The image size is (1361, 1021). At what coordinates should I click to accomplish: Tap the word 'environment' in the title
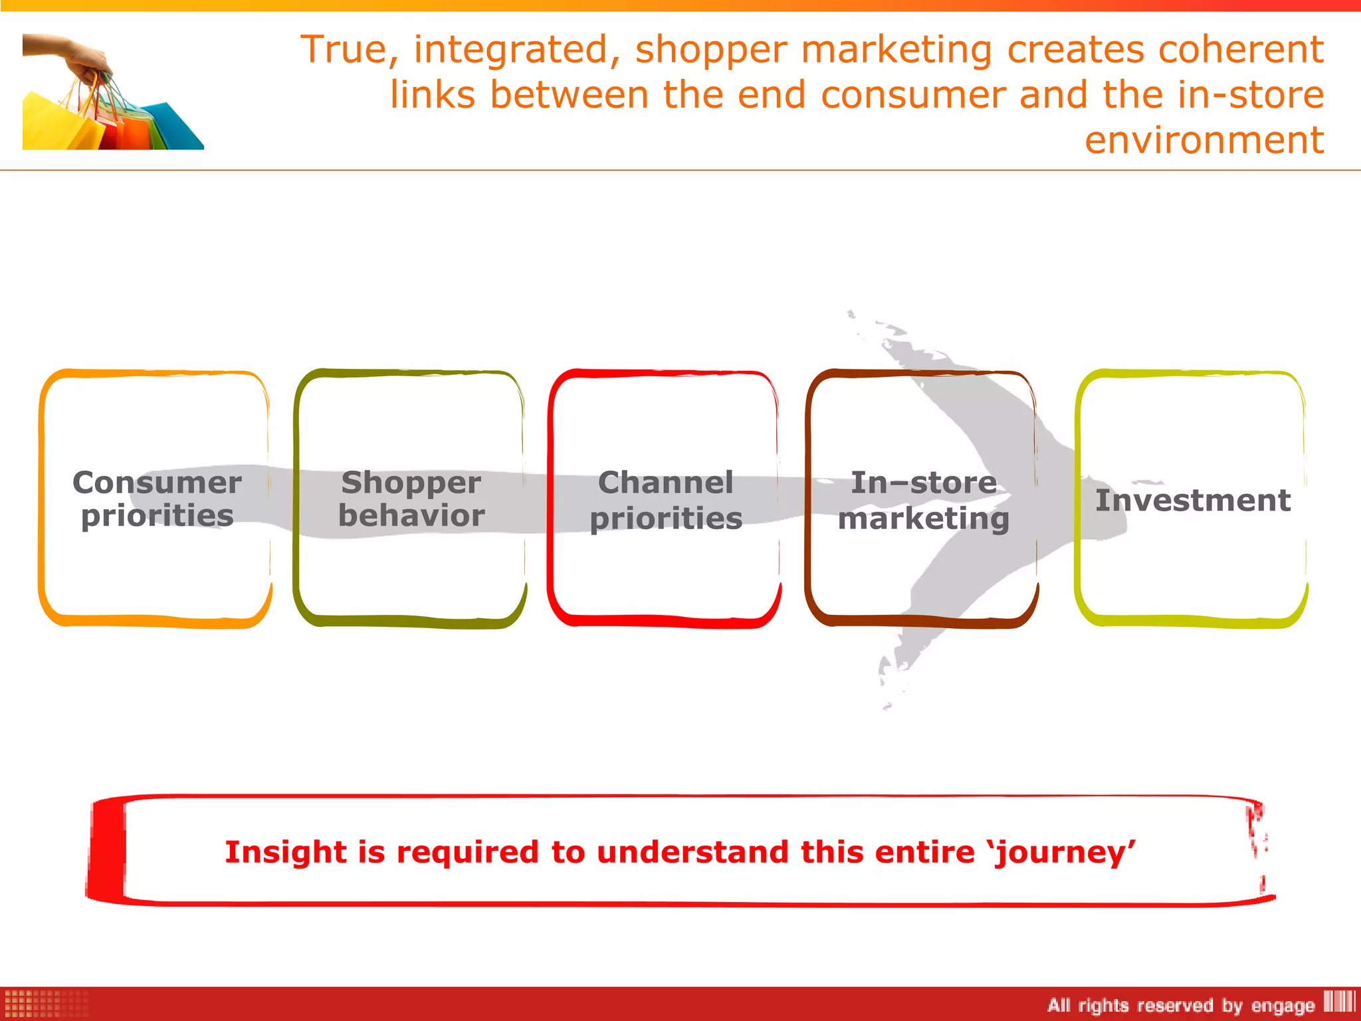coord(1204,140)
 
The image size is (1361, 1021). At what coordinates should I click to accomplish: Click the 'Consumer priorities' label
coord(157,499)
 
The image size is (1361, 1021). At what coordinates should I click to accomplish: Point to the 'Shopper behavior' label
coord(411,499)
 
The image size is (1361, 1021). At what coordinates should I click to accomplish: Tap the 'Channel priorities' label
coord(666,500)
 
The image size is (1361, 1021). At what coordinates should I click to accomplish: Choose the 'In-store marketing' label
coord(924,500)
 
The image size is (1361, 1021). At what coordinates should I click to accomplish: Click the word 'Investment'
coord(1192,500)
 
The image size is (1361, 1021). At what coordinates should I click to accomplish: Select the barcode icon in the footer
coord(1338,1001)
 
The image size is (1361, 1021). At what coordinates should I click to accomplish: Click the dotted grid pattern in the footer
coord(45,1004)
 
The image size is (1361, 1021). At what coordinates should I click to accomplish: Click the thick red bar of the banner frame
coord(106,851)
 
